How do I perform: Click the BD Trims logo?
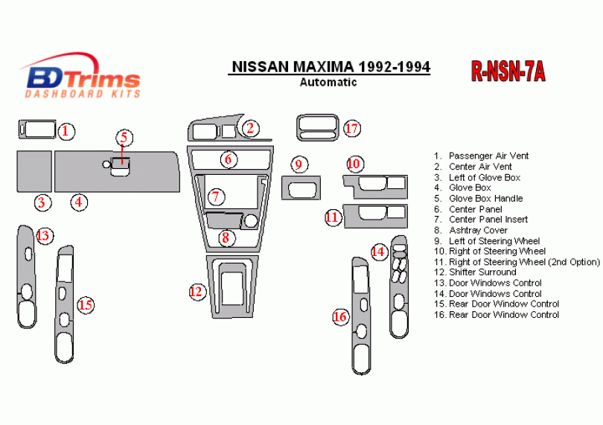pos(80,76)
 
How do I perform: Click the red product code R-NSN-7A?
pos(508,71)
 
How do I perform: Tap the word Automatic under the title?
pos(328,82)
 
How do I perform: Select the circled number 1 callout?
pos(66,131)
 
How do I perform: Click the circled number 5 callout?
pos(124,138)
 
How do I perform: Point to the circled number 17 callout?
pos(352,129)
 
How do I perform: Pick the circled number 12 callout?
pos(197,292)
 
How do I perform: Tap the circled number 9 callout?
pos(299,164)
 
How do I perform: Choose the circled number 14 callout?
pos(379,252)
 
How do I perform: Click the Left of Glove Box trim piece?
pos(34,171)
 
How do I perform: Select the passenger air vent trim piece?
pos(37,130)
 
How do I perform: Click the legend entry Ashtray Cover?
pos(478,231)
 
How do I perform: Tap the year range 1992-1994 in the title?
pos(395,67)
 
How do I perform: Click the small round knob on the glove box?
pos(106,164)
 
